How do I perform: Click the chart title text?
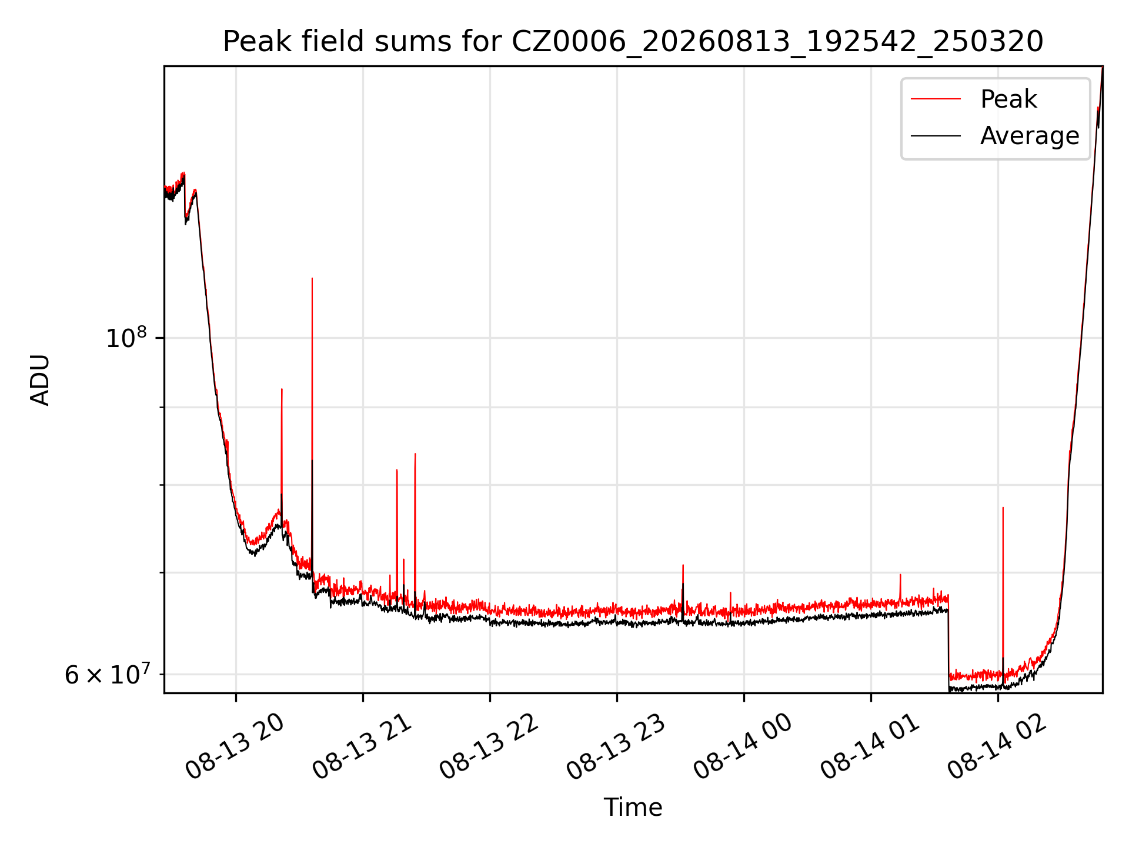[x=633, y=42]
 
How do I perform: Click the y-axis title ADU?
[x=40, y=380]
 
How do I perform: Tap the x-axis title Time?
[x=633, y=808]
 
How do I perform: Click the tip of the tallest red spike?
[x=312, y=278]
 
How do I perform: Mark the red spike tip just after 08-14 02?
[x=1003, y=507]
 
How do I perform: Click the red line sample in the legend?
[x=936, y=99]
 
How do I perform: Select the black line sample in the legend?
[x=936, y=136]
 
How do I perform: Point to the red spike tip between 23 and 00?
[x=683, y=565]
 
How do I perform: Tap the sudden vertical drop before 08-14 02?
[x=948, y=641]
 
